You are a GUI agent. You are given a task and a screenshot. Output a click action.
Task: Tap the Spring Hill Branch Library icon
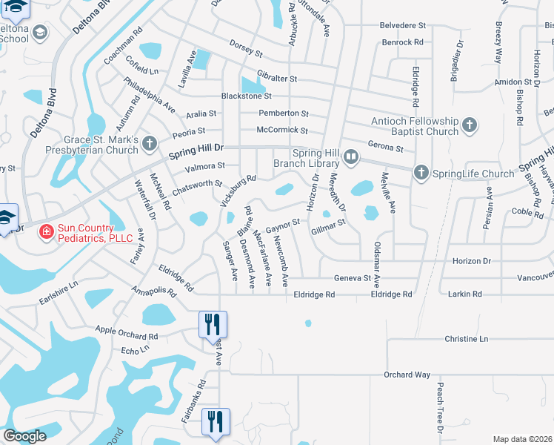(x=351, y=158)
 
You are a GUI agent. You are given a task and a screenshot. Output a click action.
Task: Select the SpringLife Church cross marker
(x=421, y=174)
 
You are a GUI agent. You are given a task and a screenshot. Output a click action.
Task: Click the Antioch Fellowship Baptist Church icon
(x=469, y=125)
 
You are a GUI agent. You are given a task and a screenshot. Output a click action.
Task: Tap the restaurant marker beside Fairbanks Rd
(x=216, y=422)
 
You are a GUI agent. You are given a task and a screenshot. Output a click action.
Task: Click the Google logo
(x=24, y=436)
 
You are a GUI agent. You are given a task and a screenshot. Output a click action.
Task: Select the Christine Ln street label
(x=467, y=338)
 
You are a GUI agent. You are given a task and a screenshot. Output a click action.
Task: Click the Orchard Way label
(x=407, y=375)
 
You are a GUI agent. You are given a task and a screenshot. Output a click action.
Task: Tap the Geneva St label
(x=351, y=277)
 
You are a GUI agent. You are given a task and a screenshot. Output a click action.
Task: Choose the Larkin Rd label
(x=464, y=294)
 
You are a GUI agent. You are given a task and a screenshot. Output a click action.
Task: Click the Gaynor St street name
(x=281, y=224)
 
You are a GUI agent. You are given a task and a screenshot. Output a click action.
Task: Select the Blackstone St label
(x=247, y=96)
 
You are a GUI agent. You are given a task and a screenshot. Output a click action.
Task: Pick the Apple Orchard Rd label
(x=126, y=332)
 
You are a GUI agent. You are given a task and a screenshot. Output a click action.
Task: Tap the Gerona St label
(x=385, y=148)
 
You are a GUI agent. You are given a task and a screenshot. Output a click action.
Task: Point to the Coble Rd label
(x=527, y=211)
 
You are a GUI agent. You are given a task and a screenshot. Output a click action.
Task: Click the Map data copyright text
(x=523, y=438)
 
